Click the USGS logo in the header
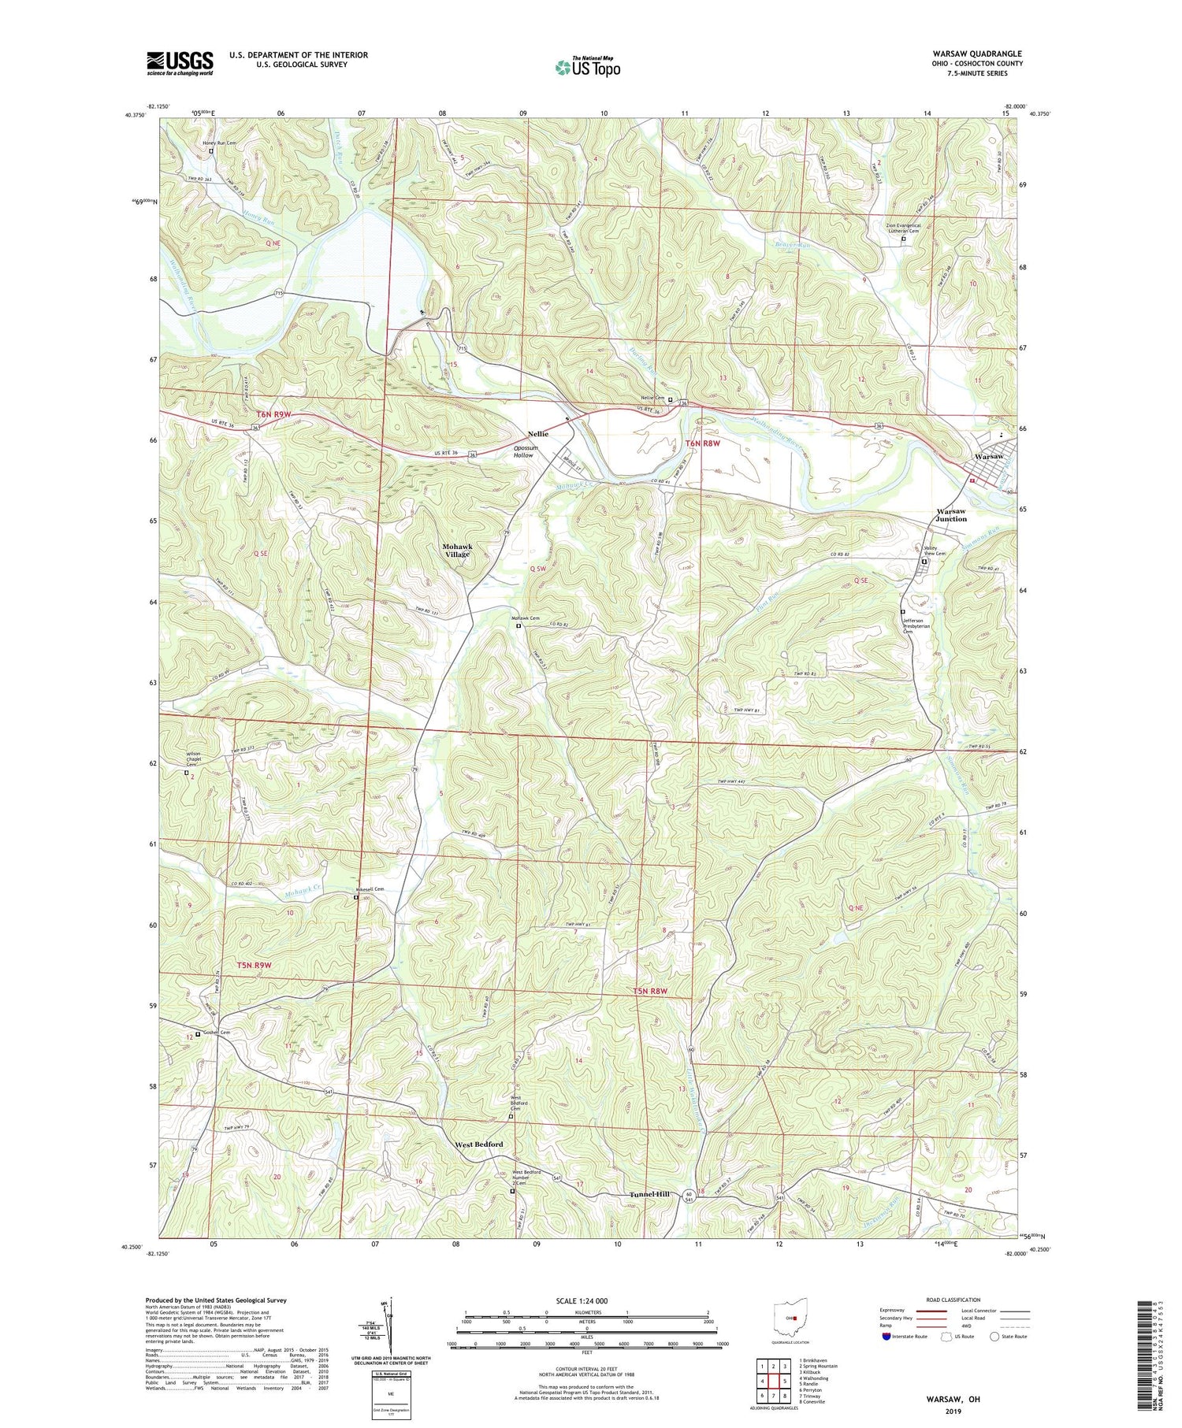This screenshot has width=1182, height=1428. [x=180, y=63]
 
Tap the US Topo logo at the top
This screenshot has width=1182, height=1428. [x=587, y=68]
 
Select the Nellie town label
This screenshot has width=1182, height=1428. [x=538, y=434]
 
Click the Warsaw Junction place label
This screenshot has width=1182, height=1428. [x=951, y=514]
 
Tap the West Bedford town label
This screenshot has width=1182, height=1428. [x=478, y=1144]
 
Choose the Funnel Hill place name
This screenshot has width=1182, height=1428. [x=650, y=1194]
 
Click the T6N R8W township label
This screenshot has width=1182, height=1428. [x=704, y=444]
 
